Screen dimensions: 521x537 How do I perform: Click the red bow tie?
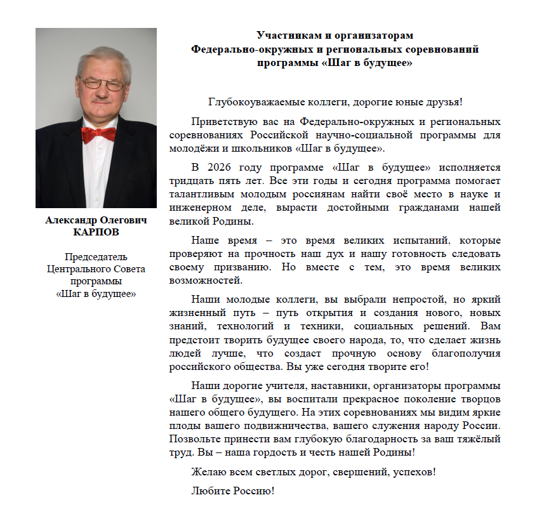coord(98,135)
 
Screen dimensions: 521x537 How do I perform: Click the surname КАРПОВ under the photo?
coord(96,232)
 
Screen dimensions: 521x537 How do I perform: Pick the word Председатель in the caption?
coord(96,257)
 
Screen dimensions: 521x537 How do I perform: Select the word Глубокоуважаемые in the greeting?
coord(250,102)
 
